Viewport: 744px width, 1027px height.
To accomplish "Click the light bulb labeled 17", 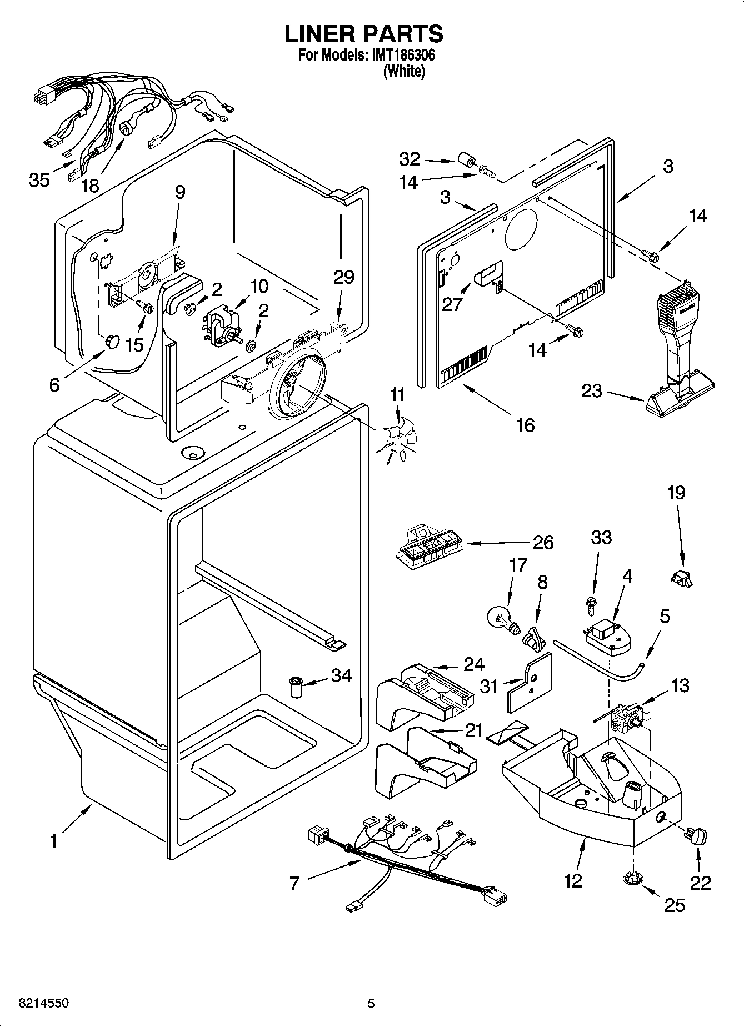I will pyautogui.click(x=501, y=617).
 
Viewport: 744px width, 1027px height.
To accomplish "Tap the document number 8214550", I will pyautogui.click(x=37, y=1003).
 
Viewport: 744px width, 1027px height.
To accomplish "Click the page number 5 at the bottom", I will pyautogui.click(x=371, y=1003).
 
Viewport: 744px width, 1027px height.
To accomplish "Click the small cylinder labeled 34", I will pyautogui.click(x=296, y=688).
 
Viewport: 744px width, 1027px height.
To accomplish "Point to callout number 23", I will pyautogui.click(x=591, y=391).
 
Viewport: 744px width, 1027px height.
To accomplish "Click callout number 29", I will pyautogui.click(x=343, y=277).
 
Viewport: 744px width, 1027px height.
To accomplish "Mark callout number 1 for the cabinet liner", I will pyautogui.click(x=53, y=841).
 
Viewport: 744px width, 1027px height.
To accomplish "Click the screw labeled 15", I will pyautogui.click(x=146, y=307).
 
